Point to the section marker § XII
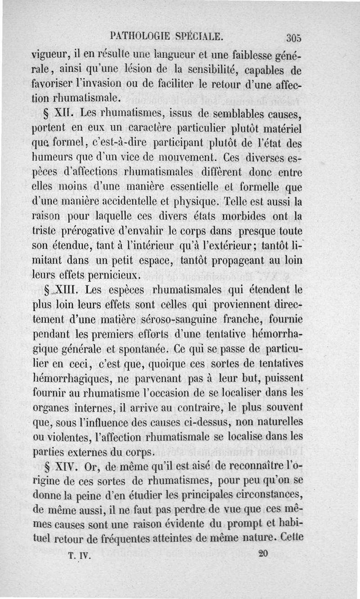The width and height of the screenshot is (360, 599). point(61,113)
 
